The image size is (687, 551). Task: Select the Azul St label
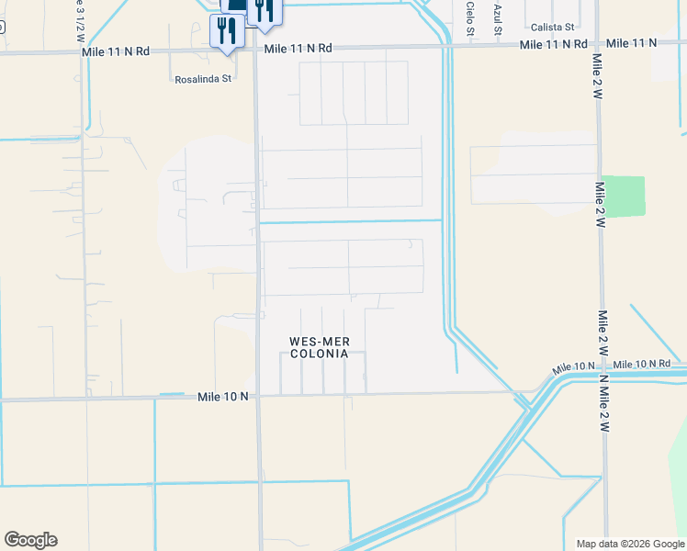(x=499, y=17)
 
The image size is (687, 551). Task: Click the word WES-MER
(x=319, y=342)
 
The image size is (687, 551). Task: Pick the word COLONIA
(x=319, y=354)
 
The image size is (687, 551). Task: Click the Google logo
(x=30, y=540)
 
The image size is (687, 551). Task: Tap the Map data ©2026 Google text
(x=629, y=544)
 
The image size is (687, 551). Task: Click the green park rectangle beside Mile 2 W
(x=624, y=196)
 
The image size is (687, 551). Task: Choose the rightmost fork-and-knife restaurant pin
(x=264, y=11)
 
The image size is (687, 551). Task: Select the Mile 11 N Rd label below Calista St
(x=553, y=44)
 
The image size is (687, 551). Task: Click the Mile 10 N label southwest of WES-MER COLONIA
(x=223, y=397)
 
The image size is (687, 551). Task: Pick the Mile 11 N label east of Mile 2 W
(x=632, y=43)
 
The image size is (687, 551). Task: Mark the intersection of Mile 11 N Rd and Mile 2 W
(x=596, y=44)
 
